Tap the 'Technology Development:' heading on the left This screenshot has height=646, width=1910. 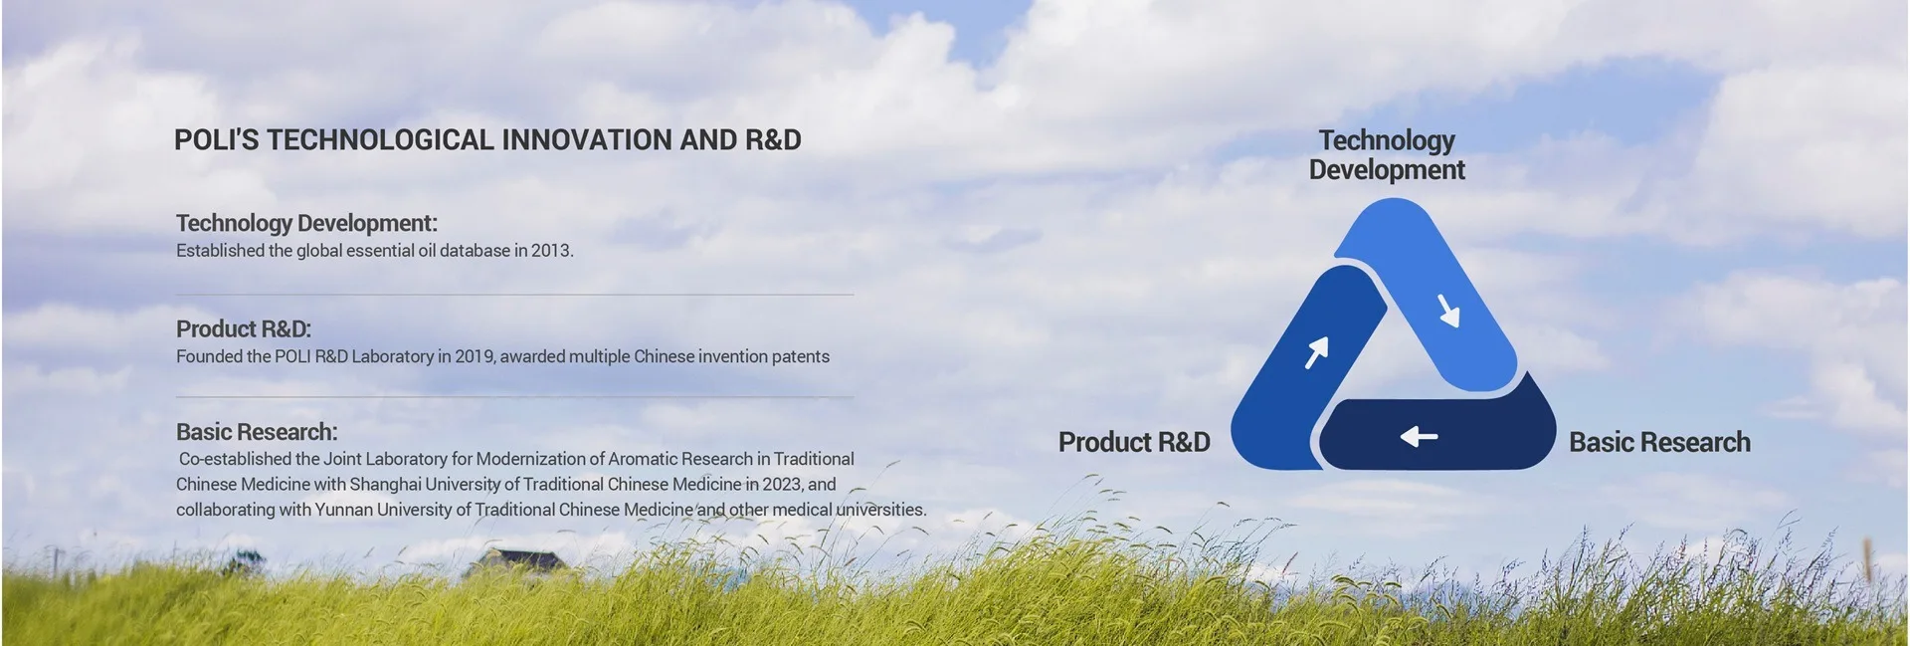point(306,223)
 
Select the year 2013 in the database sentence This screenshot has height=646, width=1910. point(551,251)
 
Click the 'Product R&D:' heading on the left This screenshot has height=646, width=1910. point(244,329)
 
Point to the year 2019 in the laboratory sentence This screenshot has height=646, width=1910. point(475,356)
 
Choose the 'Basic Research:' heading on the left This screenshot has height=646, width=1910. point(257,432)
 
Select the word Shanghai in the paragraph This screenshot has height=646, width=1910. point(386,485)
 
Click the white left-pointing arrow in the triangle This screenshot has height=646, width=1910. point(1419,436)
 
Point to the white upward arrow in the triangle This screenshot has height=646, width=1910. point(1317,351)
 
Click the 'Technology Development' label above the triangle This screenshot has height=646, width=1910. point(1387,155)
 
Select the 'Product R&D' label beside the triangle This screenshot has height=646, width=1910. point(1134,442)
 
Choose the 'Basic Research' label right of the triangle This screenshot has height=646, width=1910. point(1659,442)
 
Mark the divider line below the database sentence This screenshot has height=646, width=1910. point(514,295)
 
